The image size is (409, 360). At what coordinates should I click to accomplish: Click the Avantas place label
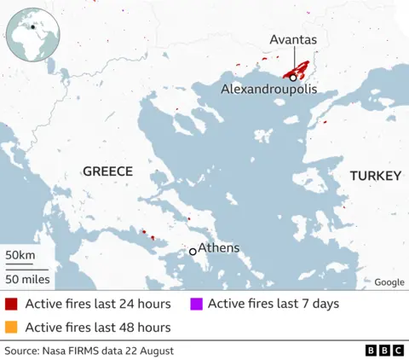tap(293, 39)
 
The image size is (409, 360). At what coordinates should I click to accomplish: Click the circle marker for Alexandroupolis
tap(293, 78)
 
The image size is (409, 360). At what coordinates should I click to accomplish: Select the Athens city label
tap(219, 248)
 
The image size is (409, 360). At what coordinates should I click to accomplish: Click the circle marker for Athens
tap(193, 252)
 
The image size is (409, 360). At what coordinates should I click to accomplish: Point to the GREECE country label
tap(107, 171)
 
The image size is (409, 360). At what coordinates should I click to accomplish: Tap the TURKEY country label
tap(375, 175)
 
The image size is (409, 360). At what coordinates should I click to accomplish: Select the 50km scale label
tap(20, 256)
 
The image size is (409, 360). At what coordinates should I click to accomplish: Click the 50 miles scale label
tap(27, 279)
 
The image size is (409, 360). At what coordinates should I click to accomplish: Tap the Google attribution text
tap(389, 282)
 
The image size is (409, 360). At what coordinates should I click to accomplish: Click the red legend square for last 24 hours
tap(11, 304)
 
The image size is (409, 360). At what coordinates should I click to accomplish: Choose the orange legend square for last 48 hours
tap(11, 327)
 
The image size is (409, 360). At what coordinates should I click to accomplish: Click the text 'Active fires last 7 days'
tap(273, 304)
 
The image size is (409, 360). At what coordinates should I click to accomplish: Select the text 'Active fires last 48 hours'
tap(98, 327)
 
